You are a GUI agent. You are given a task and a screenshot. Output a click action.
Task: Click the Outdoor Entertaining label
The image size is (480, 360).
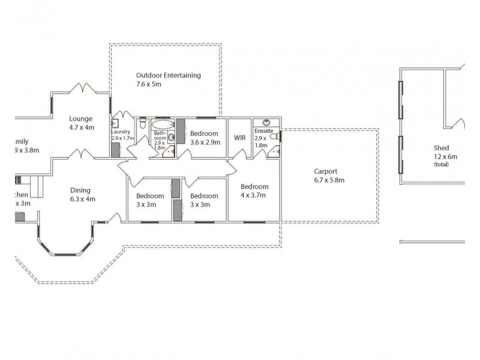168,76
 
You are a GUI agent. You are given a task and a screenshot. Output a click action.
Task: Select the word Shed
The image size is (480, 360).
442,148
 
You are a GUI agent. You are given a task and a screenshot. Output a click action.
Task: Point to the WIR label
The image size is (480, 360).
240,138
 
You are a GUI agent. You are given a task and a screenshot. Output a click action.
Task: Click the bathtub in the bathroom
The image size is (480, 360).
162,121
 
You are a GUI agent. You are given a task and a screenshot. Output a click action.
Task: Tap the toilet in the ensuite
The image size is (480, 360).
274,137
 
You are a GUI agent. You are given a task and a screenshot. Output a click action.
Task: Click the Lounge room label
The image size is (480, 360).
80,119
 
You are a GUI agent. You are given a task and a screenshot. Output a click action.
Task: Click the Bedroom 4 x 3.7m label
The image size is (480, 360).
254,187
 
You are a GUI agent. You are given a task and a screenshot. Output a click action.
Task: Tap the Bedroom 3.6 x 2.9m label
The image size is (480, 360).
204,134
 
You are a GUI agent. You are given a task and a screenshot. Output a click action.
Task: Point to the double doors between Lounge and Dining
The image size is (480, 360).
81,155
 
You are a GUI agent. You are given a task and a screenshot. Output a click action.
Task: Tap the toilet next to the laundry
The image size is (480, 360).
142,123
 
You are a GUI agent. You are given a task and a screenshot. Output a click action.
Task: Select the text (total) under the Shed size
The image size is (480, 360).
441,164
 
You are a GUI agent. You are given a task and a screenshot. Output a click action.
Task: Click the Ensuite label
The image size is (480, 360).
264,130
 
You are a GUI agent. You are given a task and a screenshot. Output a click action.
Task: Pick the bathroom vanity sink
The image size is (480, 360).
172,137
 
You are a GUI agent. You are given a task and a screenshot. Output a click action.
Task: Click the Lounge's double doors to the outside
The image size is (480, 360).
81,89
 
